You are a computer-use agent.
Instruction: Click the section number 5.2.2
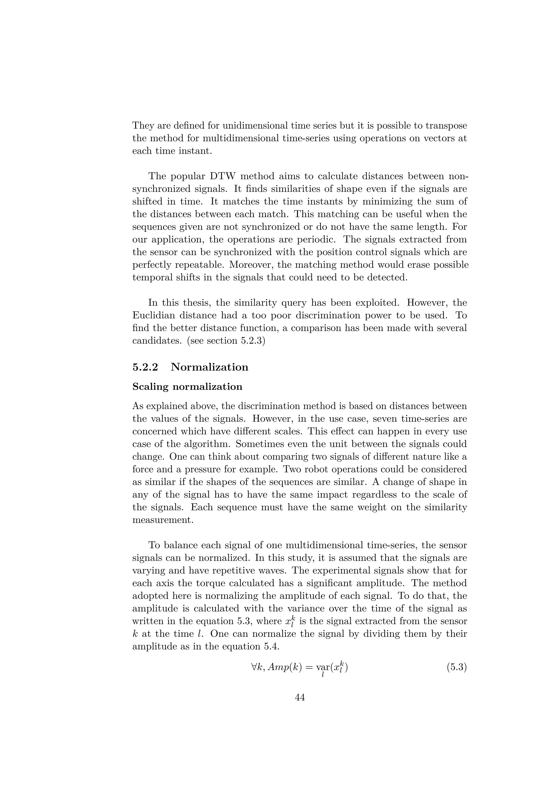point(145,367)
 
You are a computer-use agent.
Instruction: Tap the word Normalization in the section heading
point(210,367)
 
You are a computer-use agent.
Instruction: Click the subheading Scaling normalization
point(187,386)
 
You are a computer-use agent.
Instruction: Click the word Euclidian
point(153,315)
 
